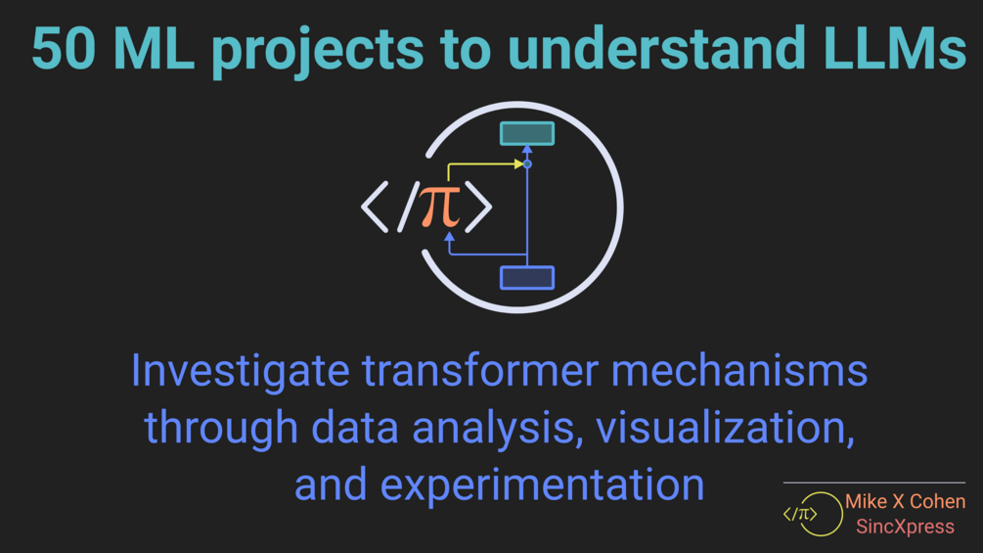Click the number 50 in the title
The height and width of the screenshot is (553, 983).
click(x=64, y=48)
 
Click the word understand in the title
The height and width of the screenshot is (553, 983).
click(x=656, y=48)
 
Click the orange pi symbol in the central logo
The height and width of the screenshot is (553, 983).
click(x=439, y=207)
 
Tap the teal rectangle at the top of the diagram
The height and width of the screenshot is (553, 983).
click(x=526, y=133)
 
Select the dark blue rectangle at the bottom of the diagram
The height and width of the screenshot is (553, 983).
click(x=526, y=278)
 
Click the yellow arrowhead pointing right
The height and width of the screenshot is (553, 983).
click(x=519, y=163)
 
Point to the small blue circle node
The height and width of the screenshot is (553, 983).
click(x=527, y=164)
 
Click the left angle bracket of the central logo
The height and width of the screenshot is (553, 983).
click(x=375, y=207)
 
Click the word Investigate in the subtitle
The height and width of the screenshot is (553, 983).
click(x=240, y=372)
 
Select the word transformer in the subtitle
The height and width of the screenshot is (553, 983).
click(x=480, y=371)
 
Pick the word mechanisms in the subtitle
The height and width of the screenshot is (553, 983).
click(x=739, y=371)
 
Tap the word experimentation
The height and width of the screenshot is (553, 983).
click(x=542, y=485)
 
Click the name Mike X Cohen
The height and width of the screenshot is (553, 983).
click(x=906, y=501)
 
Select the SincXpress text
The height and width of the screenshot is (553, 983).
click(x=906, y=527)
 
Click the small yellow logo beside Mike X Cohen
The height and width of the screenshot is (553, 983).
click(x=812, y=514)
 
